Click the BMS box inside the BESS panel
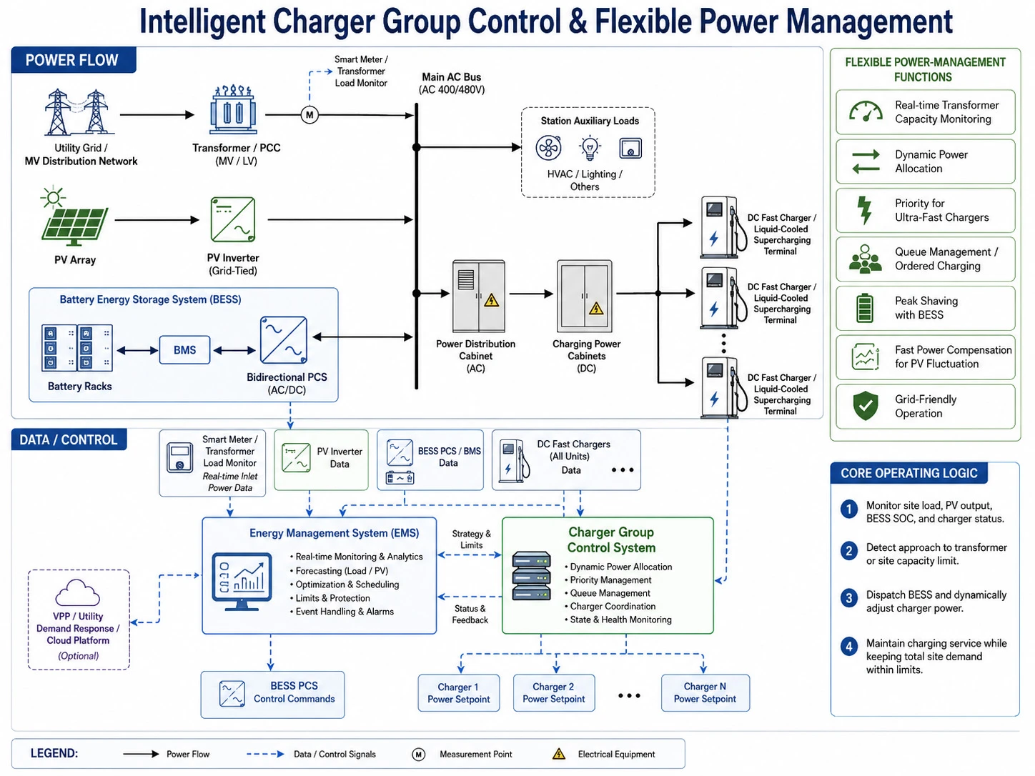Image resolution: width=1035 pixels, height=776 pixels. coord(184,349)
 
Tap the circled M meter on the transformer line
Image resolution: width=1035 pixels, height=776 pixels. coord(309,114)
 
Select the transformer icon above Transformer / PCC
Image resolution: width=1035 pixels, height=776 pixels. coord(233,110)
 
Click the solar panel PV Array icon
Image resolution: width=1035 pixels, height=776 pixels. coord(74,216)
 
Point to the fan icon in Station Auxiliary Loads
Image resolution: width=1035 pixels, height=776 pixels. coord(548,148)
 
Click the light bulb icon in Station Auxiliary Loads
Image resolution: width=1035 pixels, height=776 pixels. coord(590,148)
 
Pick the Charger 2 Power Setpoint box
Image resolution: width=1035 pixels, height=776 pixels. coord(553,692)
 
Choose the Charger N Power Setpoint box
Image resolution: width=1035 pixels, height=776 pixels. coord(705,692)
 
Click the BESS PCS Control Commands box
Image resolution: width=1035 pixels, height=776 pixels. coord(272,695)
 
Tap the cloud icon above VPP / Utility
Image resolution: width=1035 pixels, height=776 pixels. coord(78,593)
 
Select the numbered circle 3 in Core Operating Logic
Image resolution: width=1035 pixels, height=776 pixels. coord(848,598)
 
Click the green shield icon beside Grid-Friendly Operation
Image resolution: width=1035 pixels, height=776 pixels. coord(866,405)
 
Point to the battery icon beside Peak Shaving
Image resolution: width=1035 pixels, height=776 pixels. coord(864,308)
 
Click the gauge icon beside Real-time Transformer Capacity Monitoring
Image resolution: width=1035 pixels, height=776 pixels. coord(866,111)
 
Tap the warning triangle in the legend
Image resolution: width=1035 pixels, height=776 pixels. coord(559,753)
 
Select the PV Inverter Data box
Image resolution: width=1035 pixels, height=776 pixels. coord(321,460)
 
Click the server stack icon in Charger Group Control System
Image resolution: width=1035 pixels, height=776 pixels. coord(531,575)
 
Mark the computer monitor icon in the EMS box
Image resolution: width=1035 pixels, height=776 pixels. coord(242,582)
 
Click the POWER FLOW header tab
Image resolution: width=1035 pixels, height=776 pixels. coord(74,60)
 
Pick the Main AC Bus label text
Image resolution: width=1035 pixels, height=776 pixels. coord(451,76)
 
